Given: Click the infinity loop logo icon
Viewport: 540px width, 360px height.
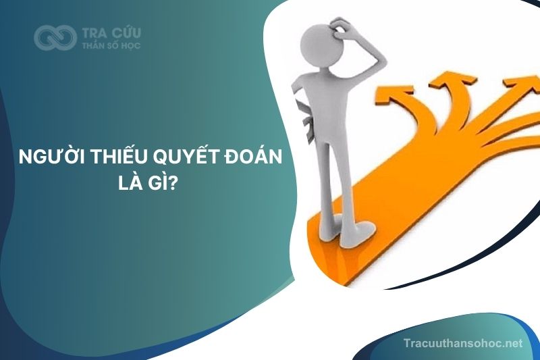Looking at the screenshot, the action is (x=55, y=38).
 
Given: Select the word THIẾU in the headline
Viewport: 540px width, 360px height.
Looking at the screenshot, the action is (x=120, y=157).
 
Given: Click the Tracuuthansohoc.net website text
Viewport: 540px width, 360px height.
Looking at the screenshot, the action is (x=463, y=343).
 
